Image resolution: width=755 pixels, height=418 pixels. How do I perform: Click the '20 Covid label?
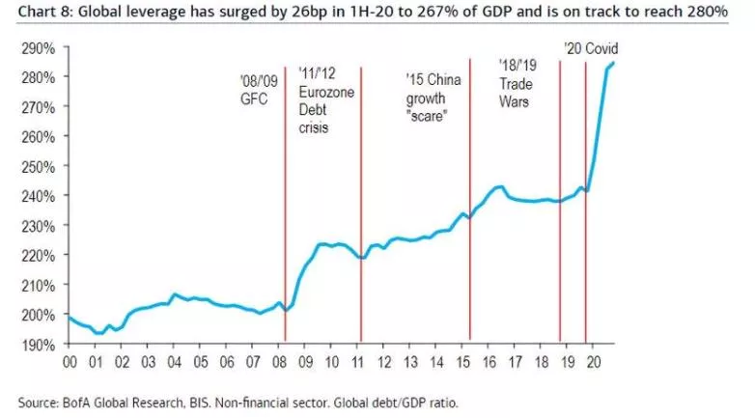point(591,49)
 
